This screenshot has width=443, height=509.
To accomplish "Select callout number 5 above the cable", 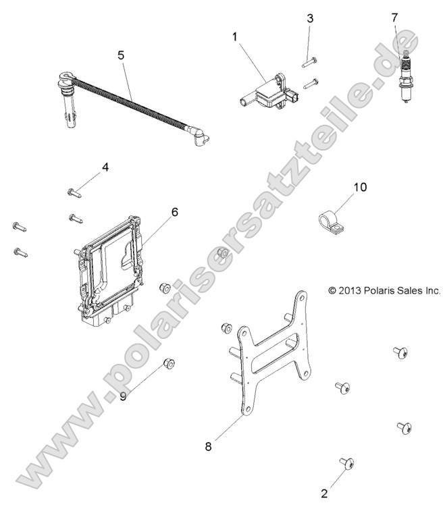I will [x=121, y=55].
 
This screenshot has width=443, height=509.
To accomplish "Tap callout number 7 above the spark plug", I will [x=310, y=19].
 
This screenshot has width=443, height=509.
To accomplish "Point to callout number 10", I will [x=361, y=187].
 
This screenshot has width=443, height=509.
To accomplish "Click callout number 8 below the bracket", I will [x=209, y=446].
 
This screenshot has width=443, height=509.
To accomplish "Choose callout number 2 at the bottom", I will [x=324, y=493].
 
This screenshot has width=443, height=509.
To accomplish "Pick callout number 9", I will [x=123, y=396].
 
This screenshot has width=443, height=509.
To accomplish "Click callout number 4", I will [x=105, y=167].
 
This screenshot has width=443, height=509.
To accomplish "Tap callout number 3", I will [x=310, y=19].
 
